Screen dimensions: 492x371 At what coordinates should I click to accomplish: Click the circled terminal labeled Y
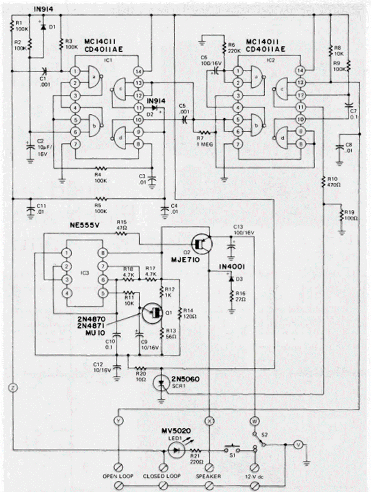(x=119, y=421)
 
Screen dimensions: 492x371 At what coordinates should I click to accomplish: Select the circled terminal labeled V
(x=296, y=445)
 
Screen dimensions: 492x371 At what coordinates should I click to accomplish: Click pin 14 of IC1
(x=138, y=71)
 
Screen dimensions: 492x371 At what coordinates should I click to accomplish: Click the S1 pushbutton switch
(x=231, y=449)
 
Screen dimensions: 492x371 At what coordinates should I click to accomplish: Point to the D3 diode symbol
(x=231, y=279)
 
